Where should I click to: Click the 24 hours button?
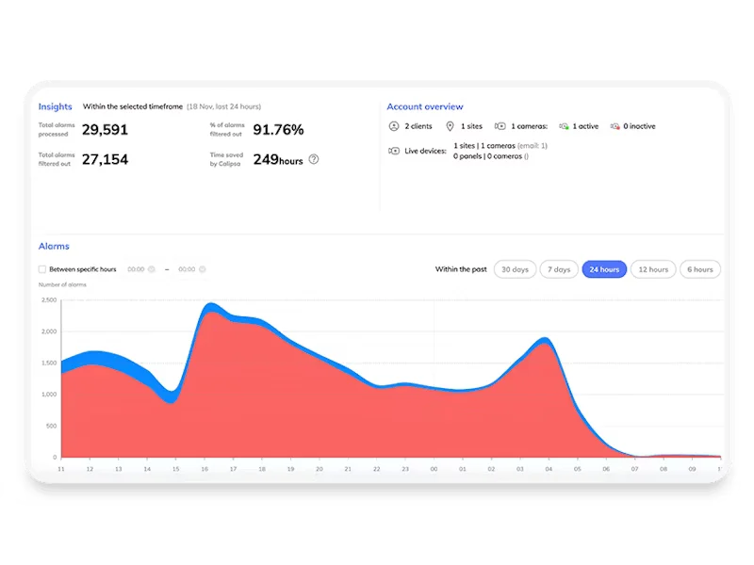pos(604,269)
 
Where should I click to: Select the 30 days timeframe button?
pos(515,269)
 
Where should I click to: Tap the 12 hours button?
pos(653,269)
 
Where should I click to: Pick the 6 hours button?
pos(700,269)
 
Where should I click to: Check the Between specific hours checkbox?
pos(42,269)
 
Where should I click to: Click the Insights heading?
pos(55,106)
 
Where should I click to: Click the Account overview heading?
pos(425,106)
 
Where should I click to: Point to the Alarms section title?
pos(54,246)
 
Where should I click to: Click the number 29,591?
pos(105,130)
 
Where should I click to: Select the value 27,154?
pos(105,159)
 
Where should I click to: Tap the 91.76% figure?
pos(278,130)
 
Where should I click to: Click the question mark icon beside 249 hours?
pos(314,159)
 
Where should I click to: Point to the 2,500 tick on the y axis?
pos(49,300)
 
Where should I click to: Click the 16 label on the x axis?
pos(205,468)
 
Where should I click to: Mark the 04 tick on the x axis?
pos(549,468)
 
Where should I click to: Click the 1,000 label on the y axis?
pos(49,395)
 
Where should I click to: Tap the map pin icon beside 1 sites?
pos(450,126)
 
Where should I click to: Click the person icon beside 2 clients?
pos(394,126)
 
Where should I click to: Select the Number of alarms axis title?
pos(62,284)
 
